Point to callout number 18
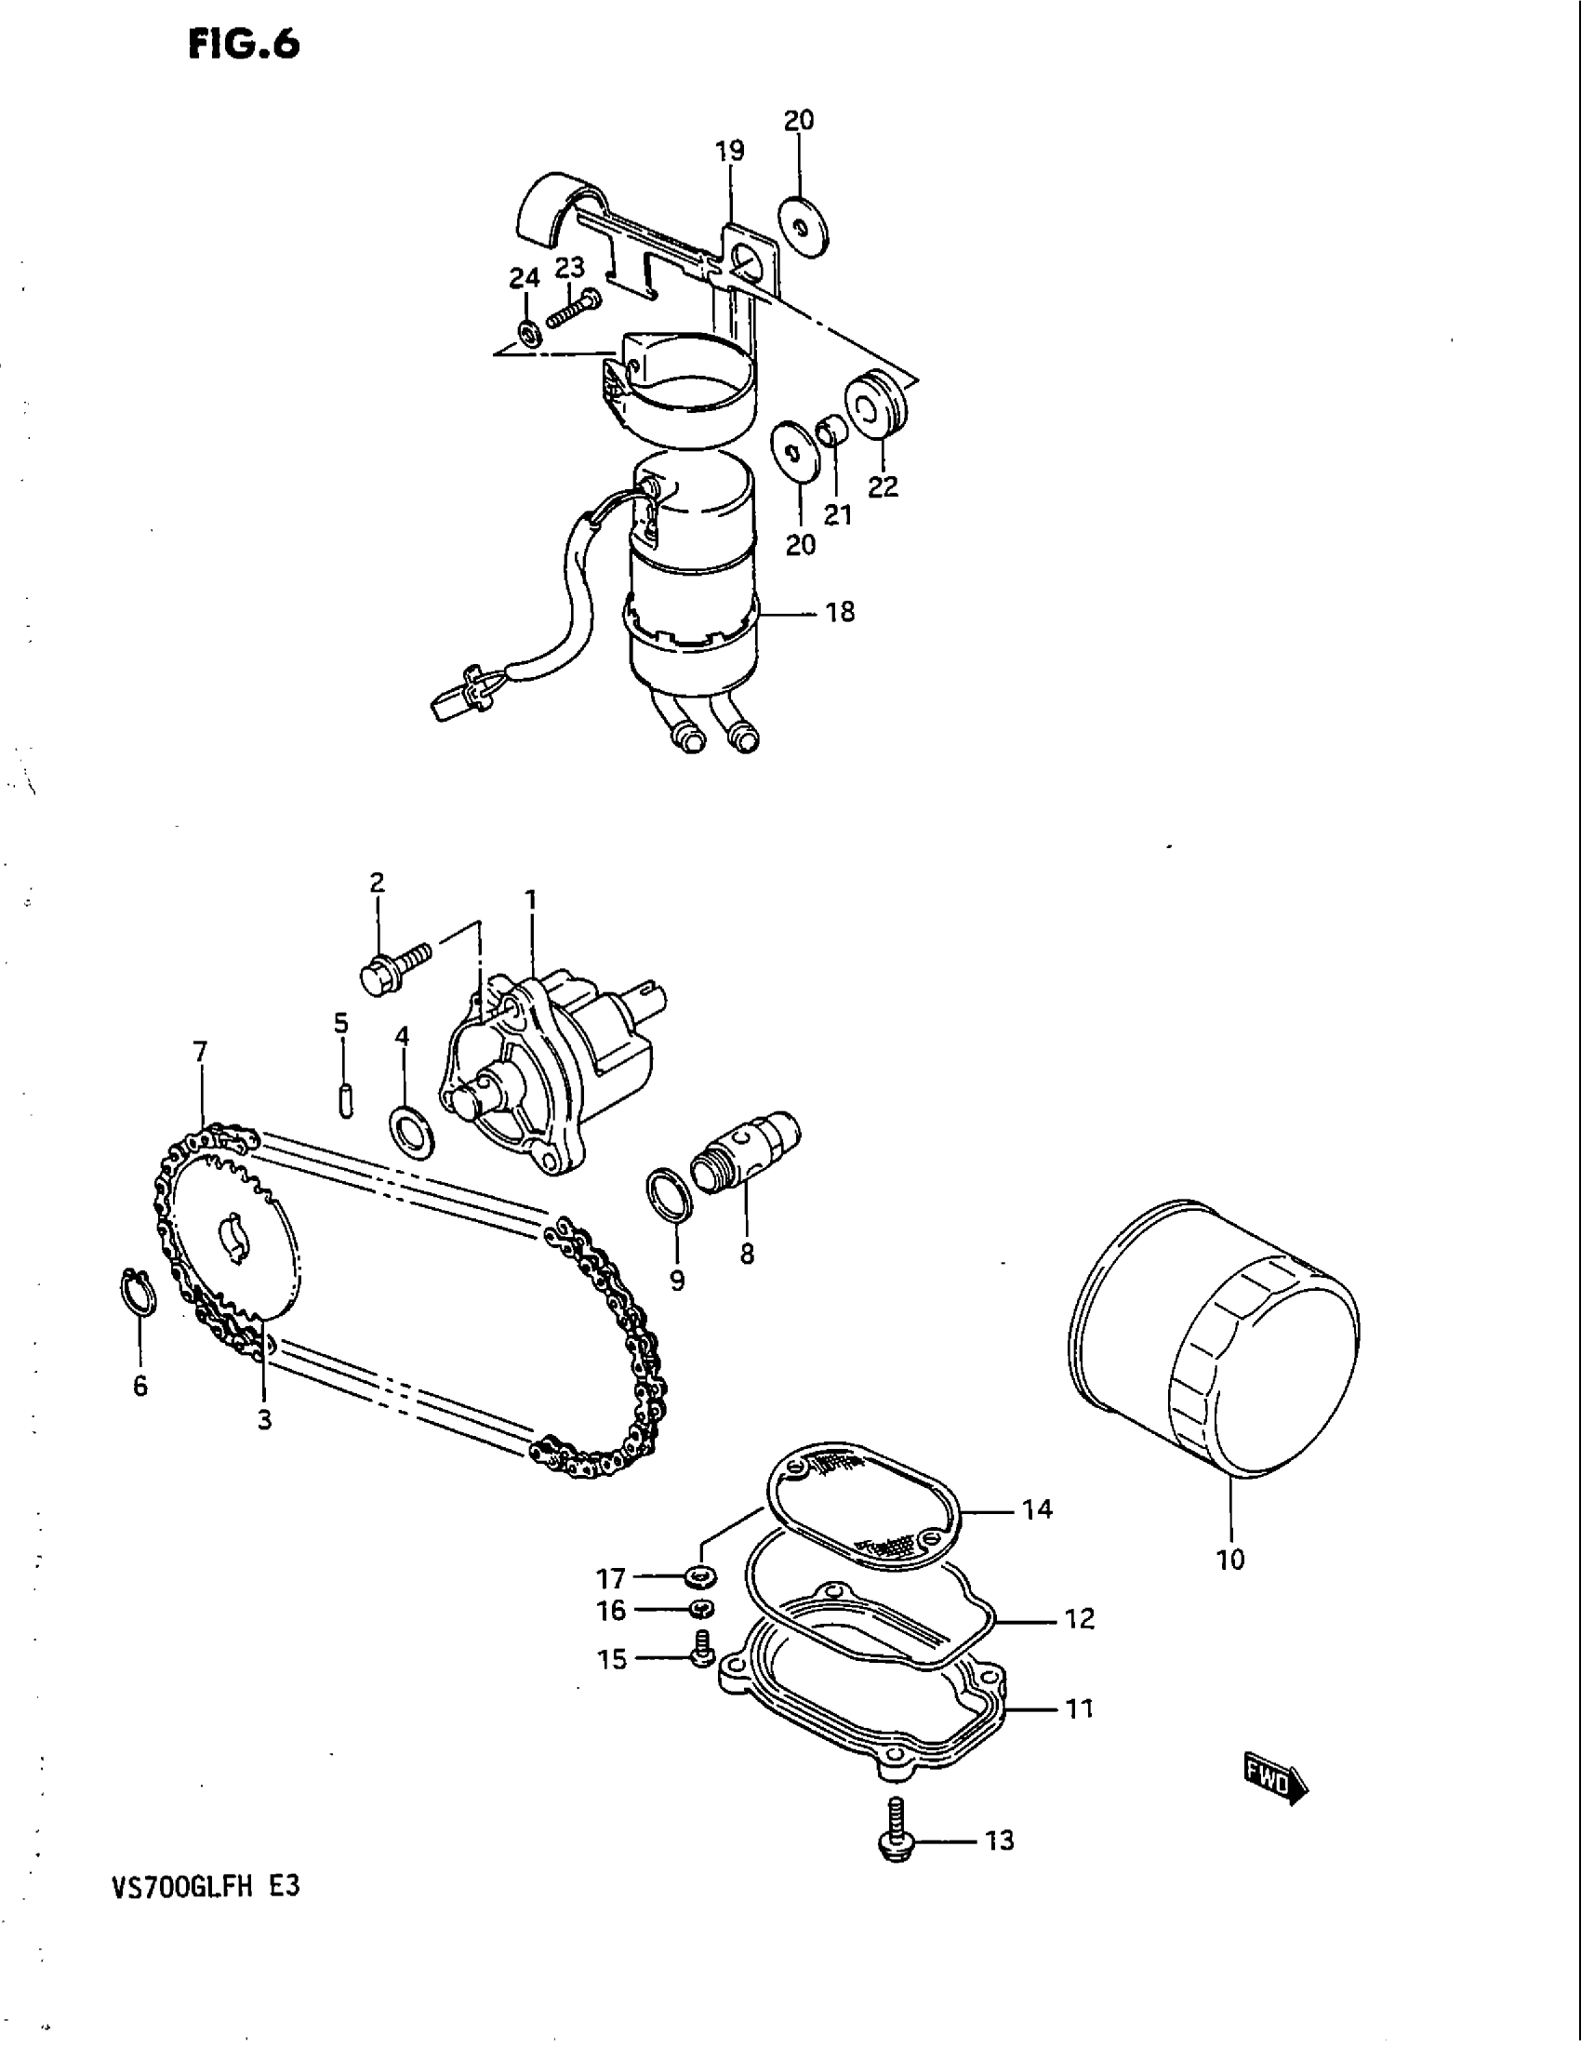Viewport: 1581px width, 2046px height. [840, 612]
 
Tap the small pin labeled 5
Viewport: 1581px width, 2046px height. [346, 1098]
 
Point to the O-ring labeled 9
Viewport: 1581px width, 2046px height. [671, 1193]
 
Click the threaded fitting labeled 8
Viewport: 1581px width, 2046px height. [745, 1153]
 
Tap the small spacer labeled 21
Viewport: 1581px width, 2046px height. [830, 432]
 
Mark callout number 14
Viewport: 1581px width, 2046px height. [1038, 1509]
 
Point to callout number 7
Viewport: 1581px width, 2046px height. [201, 1051]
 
